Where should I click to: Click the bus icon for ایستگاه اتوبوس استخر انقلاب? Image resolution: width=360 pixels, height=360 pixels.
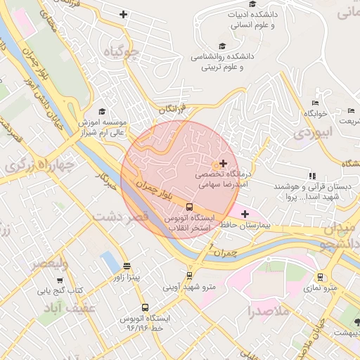pos(189,207)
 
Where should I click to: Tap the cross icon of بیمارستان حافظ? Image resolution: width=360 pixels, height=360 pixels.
pos(244,213)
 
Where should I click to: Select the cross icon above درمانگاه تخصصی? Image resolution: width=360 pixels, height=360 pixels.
pos(224,163)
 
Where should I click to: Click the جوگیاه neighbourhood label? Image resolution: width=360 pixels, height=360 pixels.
pos(117,53)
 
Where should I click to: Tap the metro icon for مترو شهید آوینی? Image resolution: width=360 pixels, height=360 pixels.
pos(189,275)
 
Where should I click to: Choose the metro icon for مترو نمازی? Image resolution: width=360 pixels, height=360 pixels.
pos(320,277)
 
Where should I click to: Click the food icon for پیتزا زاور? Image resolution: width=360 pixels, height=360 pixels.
pos(127,266)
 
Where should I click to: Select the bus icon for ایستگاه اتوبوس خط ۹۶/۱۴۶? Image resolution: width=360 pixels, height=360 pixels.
pos(145,307)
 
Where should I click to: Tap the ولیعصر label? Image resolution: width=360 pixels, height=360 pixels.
pos(48,264)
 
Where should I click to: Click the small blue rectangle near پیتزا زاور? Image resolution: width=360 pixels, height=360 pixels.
pos(109,262)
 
